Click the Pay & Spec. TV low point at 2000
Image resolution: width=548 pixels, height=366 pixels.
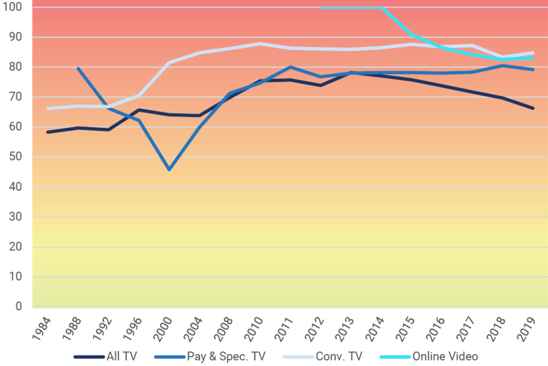click(169, 170)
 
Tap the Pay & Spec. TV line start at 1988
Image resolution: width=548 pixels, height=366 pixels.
click(78, 69)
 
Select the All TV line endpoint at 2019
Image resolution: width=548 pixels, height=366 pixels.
click(532, 108)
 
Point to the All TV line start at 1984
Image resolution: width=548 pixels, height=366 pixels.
click(48, 132)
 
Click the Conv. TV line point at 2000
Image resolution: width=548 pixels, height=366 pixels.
click(169, 63)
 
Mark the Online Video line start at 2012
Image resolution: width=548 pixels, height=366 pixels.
click(320, 8)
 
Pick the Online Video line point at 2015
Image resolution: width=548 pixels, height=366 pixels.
click(412, 35)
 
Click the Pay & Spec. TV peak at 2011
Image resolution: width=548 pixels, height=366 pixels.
click(290, 67)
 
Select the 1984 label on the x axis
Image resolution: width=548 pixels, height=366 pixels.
click(44, 327)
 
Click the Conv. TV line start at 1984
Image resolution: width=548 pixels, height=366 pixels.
click(48, 108)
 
